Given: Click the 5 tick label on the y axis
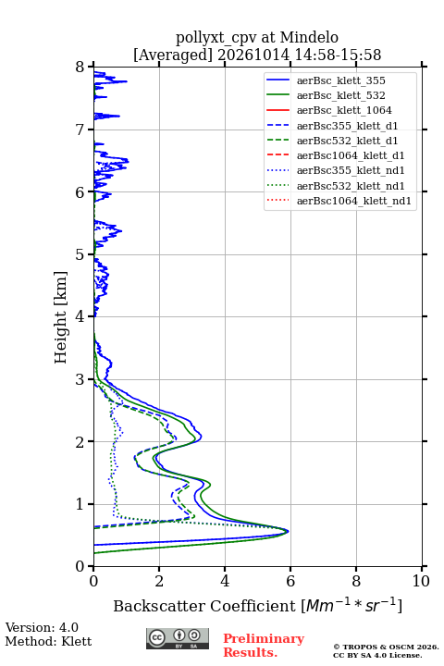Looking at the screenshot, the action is (x=80, y=254).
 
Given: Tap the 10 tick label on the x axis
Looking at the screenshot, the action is (x=421, y=581).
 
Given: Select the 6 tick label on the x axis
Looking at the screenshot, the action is (x=290, y=581).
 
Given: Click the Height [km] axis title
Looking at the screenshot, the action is (x=61, y=317).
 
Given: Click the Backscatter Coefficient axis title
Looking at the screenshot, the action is (x=257, y=605).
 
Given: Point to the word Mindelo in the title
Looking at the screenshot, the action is (x=309, y=37).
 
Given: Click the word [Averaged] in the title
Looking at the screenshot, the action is (x=173, y=55).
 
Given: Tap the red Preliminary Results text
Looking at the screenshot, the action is (x=264, y=645).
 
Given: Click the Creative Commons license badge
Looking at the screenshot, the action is (x=178, y=638).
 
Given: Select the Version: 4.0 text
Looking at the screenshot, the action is (x=42, y=627).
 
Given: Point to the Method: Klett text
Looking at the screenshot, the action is (x=48, y=641).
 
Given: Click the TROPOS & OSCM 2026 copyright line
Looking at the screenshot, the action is (x=386, y=647).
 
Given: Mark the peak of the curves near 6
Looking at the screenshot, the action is (x=288, y=531).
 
